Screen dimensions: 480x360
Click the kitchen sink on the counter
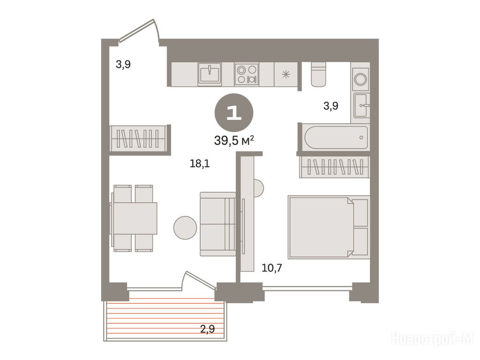point(210,74)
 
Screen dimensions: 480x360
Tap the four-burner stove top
point(247,74)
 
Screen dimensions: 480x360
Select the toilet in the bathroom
point(318,74)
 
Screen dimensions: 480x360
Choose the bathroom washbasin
point(361,105)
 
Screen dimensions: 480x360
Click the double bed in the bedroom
point(329,227)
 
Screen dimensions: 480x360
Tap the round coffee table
point(185,228)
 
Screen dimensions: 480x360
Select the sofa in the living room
point(218,224)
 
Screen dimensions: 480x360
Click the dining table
point(135,218)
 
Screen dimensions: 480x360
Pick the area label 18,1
point(200,164)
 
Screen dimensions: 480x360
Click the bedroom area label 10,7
point(272,268)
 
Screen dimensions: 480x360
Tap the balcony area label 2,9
point(207,329)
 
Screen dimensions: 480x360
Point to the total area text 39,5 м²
point(234,141)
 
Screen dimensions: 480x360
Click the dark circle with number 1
point(234,113)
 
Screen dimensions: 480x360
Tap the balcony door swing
point(199,279)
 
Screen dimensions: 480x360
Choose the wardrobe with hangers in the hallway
point(139,138)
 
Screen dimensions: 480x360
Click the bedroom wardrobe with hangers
point(335,167)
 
